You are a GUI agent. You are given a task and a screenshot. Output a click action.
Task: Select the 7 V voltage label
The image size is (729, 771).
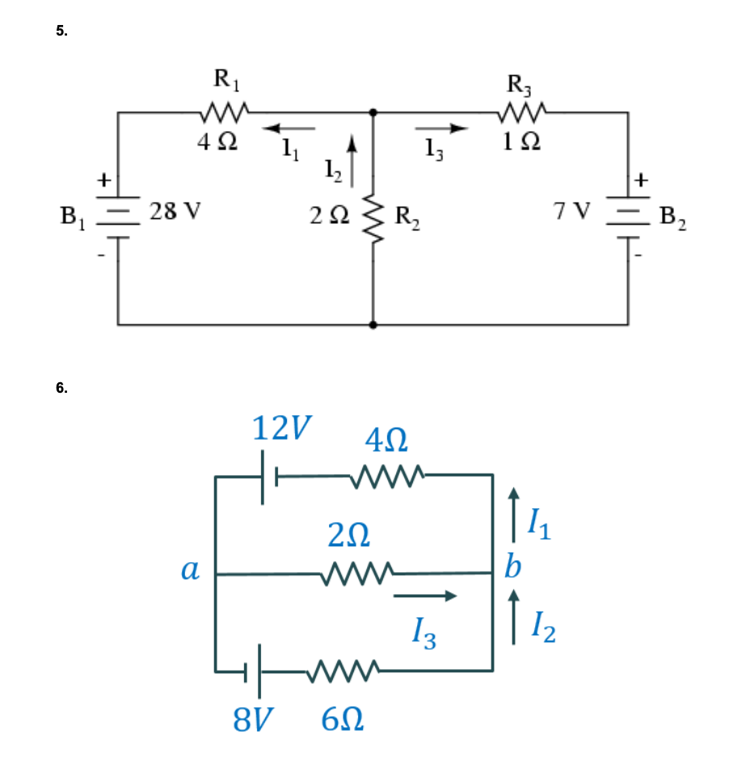point(571,212)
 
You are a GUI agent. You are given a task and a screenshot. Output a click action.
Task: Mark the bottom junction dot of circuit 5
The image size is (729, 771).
point(373,325)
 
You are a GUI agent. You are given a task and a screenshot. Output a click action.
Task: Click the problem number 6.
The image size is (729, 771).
point(62,387)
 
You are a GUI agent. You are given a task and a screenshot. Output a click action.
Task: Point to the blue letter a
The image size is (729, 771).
point(190,571)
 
